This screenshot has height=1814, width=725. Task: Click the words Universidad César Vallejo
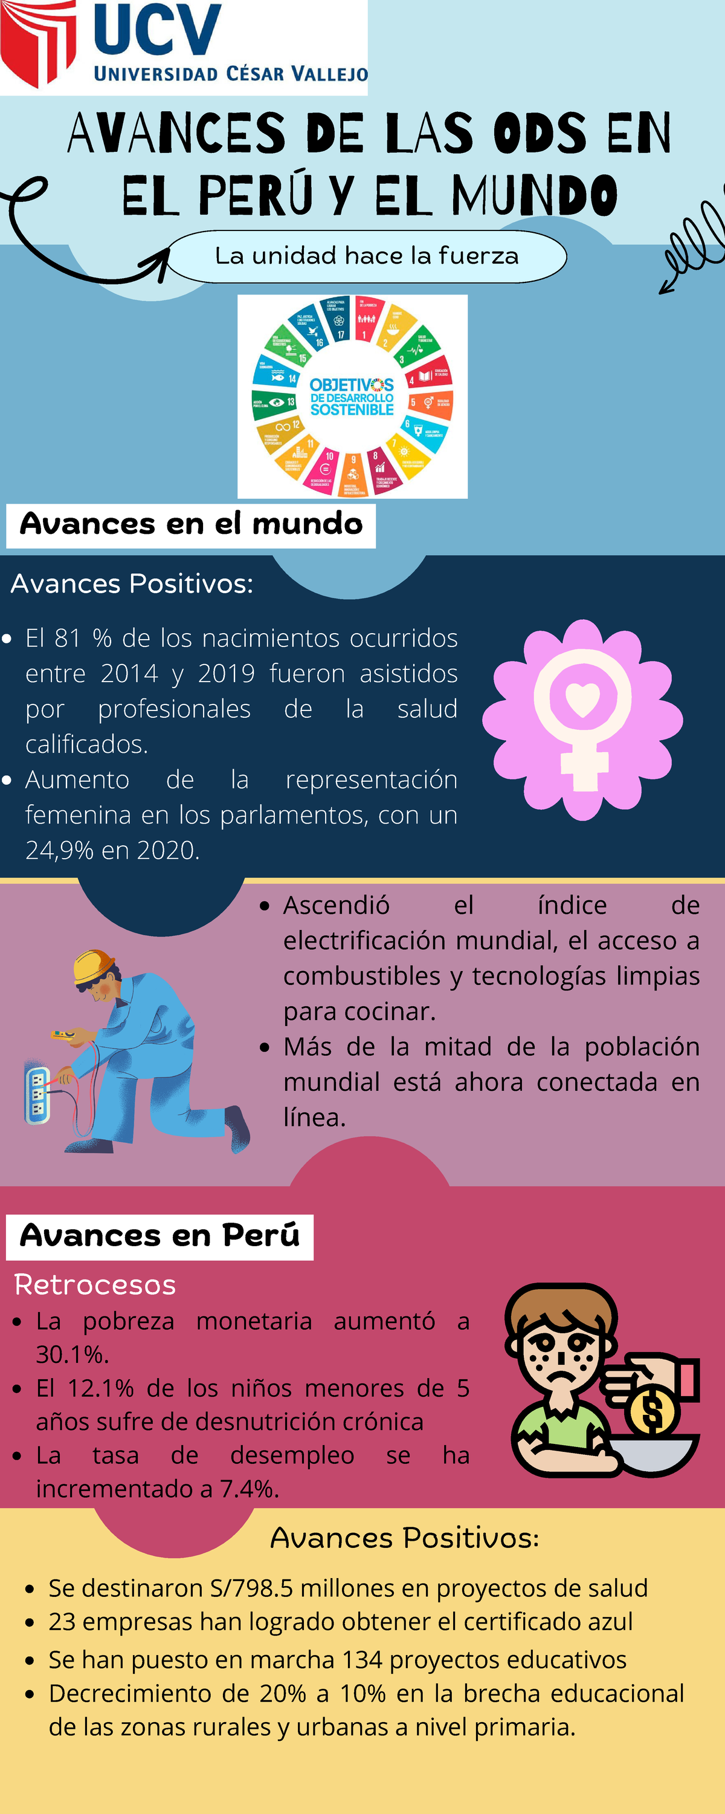231,74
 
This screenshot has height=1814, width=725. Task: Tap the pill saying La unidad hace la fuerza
367,256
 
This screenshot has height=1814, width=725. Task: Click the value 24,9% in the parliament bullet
59,851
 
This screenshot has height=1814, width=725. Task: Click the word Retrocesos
95,1285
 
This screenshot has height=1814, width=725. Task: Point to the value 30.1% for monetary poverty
72,1354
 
